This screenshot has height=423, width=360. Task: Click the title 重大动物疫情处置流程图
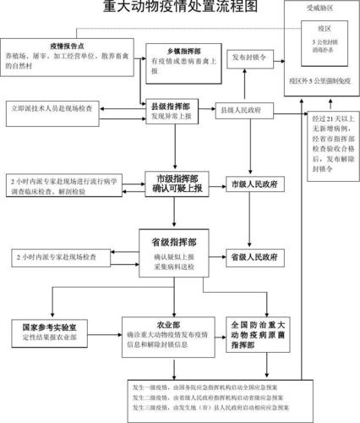click(x=180, y=9)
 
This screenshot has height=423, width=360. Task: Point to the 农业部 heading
click(x=169, y=324)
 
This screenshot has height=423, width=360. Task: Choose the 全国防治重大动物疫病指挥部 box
click(x=255, y=336)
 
